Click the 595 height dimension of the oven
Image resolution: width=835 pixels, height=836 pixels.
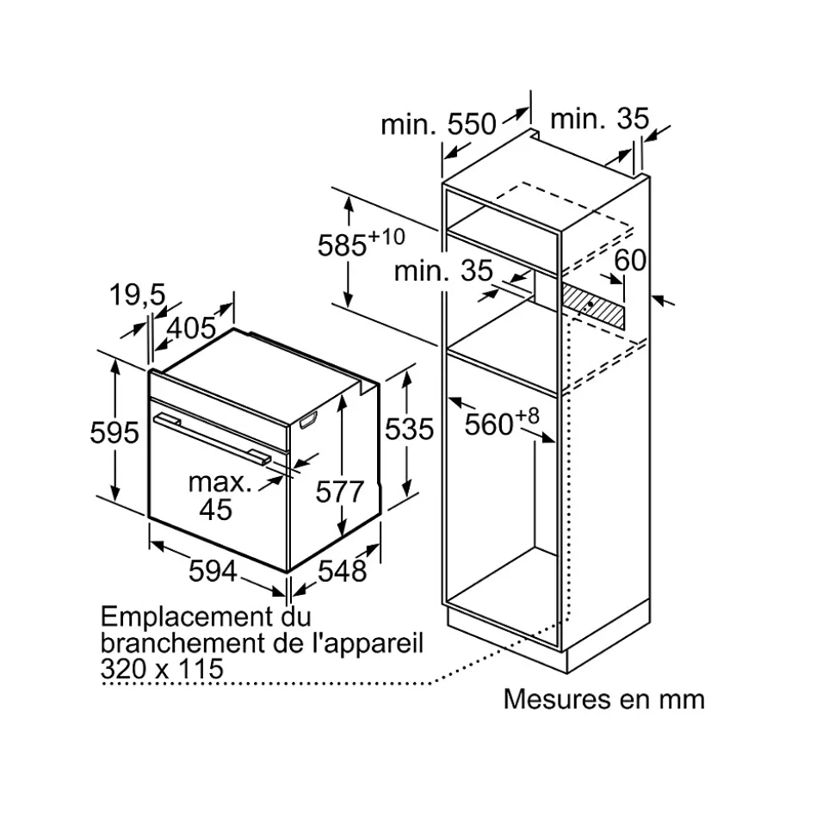tap(114, 432)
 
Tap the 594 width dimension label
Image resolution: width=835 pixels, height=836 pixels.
tap(213, 571)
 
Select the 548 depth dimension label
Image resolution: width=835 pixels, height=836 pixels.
tap(343, 571)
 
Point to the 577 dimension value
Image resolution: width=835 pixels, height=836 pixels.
tap(340, 491)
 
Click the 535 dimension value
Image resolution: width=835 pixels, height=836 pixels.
tap(410, 430)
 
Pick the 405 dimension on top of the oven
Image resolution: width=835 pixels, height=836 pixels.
tap(191, 328)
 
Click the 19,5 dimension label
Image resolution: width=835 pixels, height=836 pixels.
tap(138, 294)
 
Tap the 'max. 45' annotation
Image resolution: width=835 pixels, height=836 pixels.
tap(220, 495)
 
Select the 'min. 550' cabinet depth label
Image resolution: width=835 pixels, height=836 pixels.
tap(438, 124)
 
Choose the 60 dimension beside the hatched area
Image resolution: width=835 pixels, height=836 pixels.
tap(630, 260)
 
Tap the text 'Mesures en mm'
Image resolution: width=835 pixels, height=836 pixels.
tap(604, 699)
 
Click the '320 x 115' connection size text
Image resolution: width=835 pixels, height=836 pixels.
tap(162, 669)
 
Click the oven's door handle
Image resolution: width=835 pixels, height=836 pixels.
tap(211, 438)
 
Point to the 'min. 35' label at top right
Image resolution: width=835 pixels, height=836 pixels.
tap(600, 118)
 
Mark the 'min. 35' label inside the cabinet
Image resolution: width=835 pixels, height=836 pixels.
tap(443, 271)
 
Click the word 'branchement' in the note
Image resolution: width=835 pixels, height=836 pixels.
tap(182, 642)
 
